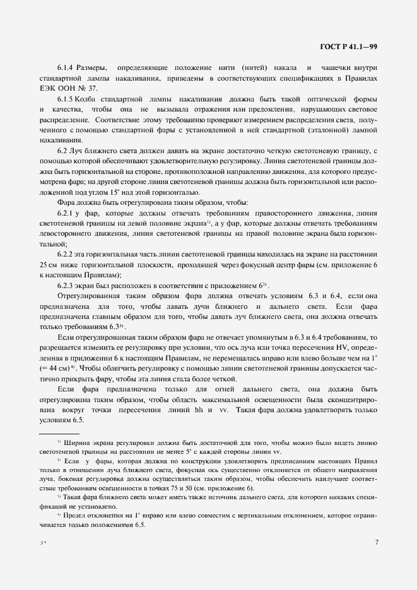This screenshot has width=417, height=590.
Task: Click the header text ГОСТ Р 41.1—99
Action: pos(349,46)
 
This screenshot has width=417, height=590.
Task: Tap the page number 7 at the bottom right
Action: pos(376,541)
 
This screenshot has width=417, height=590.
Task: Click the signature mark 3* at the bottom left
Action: pos(43,542)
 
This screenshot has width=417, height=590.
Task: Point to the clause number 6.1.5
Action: pos(67,100)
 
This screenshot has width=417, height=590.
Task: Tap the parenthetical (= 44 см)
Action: pos(55,367)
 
